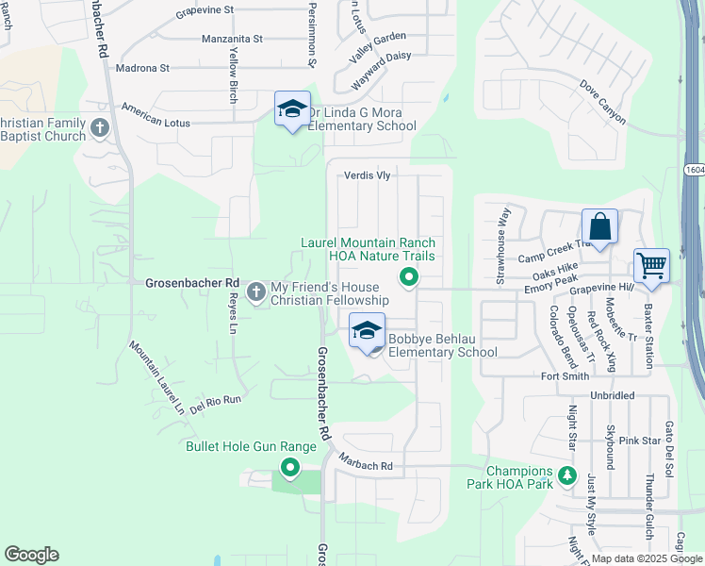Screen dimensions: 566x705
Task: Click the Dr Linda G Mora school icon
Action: [292, 109]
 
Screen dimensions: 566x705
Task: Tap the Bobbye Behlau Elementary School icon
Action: [367, 331]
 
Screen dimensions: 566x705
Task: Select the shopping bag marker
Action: [599, 227]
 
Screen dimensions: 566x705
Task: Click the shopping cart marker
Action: [651, 266]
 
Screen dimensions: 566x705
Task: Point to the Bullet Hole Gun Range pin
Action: [290, 466]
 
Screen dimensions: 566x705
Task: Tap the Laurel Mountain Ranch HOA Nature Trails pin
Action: [409, 277]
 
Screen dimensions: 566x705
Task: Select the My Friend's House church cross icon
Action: [256, 293]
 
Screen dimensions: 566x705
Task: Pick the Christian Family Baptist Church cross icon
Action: [101, 128]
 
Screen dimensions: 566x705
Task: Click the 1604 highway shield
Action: [695, 170]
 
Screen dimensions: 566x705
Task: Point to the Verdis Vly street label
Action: [367, 175]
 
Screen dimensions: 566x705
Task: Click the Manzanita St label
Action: [233, 40]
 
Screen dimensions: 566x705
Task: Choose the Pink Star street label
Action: [639, 441]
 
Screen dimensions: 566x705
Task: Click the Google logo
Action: [32, 555]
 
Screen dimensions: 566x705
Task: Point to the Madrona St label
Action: [142, 68]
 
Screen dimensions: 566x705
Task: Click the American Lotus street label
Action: [156, 124]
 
